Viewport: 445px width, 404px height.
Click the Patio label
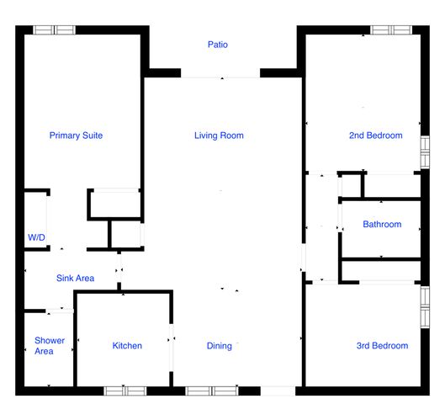point(218,45)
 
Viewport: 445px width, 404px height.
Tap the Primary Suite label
point(76,136)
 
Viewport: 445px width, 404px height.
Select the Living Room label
point(219,136)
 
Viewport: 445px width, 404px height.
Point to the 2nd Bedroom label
point(375,136)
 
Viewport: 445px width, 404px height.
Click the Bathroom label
point(382,225)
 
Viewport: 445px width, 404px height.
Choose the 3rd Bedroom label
point(382,346)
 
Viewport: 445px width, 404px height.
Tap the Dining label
point(219,346)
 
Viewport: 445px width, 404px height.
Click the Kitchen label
point(127,346)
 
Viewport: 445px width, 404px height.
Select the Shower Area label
point(44,346)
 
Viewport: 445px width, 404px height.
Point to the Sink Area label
point(75,279)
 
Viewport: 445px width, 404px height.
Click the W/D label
point(36,238)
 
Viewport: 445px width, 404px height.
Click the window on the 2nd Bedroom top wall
point(391,30)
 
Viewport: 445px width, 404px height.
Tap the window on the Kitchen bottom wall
point(124,391)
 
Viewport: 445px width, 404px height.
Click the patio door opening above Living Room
point(221,74)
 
